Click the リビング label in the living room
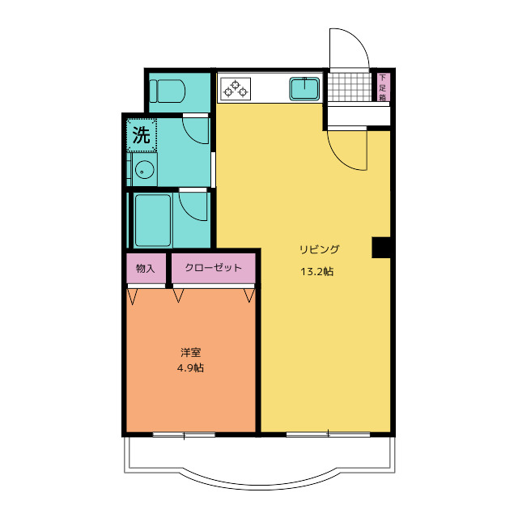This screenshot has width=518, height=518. coord(320,249)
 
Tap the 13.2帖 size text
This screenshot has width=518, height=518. coord(316,272)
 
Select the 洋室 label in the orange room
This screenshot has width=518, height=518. coord(191,353)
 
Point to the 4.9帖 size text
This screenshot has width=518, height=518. coord(190,367)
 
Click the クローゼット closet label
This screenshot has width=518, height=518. coord(214,267)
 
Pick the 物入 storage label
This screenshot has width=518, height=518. coord(146,268)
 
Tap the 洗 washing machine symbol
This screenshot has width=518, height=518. coord(142,135)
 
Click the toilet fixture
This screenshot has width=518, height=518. coord(167,91)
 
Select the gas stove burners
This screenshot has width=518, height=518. coord(236,88)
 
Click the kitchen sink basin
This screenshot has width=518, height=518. coord(304,88)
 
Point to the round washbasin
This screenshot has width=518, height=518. coord(144,170)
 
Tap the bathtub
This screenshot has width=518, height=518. coord(153,220)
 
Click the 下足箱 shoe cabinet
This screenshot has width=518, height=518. coord(383,87)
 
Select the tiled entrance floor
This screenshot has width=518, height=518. coord(350,87)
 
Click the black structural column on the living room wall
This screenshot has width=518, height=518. coord(381,247)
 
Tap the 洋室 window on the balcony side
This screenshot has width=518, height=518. coord(184,435)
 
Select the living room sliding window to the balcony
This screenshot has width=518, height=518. coord(328,435)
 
